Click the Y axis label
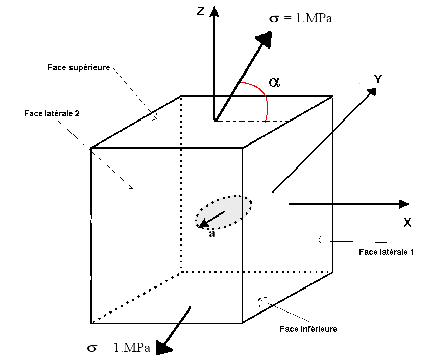click(x=378, y=79)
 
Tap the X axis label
click(x=407, y=223)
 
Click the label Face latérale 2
click(x=52, y=113)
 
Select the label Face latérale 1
click(x=386, y=252)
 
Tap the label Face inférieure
click(x=308, y=329)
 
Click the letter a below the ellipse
click(x=212, y=234)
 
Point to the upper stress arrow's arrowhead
click(x=265, y=39)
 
